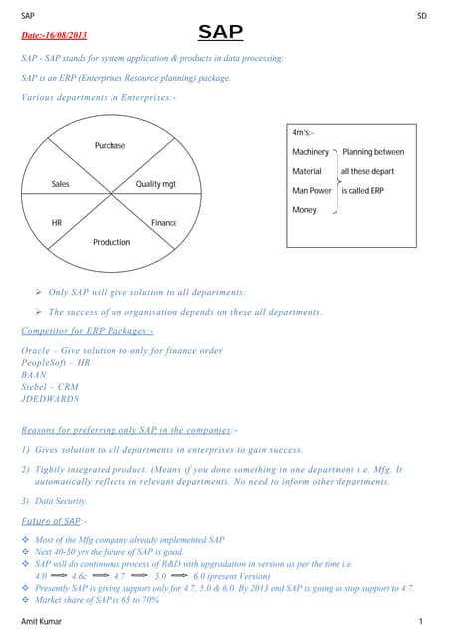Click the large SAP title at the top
[x=220, y=33]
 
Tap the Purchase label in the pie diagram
[x=110, y=146]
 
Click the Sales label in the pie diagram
[x=60, y=184]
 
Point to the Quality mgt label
[x=155, y=184]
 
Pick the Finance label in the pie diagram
[x=163, y=222]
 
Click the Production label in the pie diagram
[x=112, y=242]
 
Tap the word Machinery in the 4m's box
[x=310, y=152]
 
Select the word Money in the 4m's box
[x=304, y=210]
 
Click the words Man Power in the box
[x=312, y=190]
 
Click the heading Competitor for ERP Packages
[x=87, y=330]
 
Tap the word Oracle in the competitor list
[x=36, y=351]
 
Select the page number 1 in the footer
[x=422, y=621]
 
